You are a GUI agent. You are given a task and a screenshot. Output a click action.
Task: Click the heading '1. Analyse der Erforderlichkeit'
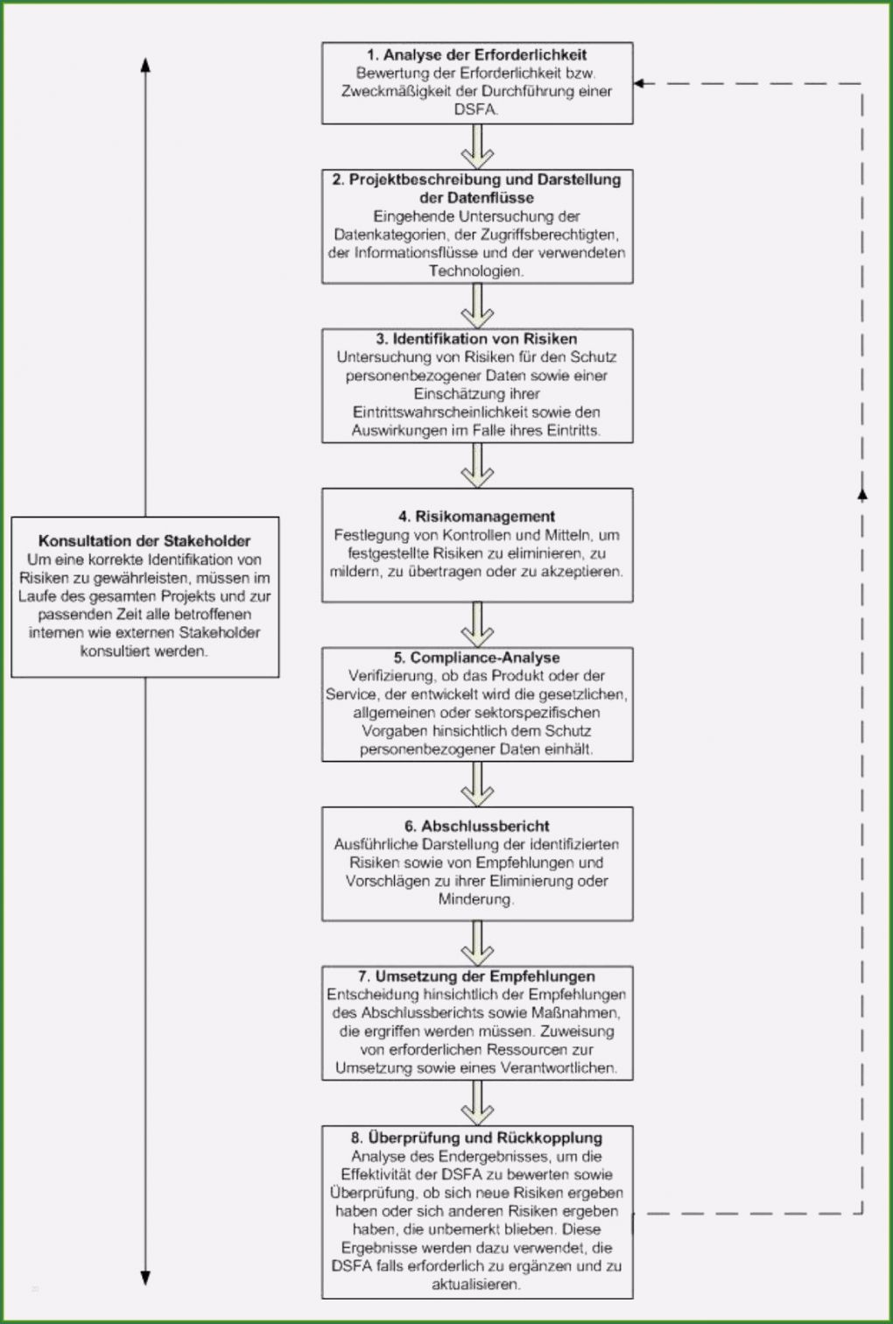point(477,55)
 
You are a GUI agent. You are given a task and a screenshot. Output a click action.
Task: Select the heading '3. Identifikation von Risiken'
point(477,339)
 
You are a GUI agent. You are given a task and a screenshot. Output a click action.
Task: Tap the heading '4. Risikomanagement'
point(477,517)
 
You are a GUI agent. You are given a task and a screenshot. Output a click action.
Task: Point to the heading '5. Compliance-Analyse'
point(477,658)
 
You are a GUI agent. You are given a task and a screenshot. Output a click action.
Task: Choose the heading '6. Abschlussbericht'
point(477,826)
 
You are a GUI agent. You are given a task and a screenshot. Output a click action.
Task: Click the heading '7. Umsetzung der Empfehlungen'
point(477,976)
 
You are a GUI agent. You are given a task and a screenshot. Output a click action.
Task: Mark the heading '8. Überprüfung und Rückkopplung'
point(477,1137)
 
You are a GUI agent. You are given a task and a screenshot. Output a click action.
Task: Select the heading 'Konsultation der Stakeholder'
point(144,541)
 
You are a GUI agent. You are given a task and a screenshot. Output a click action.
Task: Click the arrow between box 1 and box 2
point(477,146)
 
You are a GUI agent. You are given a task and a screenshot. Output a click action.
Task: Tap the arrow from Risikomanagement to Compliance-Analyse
point(477,624)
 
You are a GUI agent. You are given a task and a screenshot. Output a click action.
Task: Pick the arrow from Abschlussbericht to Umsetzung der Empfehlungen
point(477,943)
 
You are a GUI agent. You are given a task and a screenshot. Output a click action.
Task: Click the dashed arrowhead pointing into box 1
point(640,84)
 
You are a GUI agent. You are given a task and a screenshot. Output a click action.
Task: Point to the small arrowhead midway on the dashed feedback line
point(862,495)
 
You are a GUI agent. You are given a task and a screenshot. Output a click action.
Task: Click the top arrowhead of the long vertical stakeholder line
point(145,64)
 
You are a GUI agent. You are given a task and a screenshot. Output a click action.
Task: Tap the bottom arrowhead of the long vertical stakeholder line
point(145,1278)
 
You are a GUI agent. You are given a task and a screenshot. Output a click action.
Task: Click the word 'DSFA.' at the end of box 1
point(477,109)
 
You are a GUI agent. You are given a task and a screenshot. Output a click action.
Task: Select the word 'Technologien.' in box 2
point(477,271)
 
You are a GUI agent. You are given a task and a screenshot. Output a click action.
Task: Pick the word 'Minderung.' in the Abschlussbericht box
point(477,899)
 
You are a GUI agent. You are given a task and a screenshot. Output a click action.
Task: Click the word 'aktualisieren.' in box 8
point(477,1285)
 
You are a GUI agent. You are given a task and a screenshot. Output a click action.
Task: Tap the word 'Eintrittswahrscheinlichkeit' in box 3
point(442,412)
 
